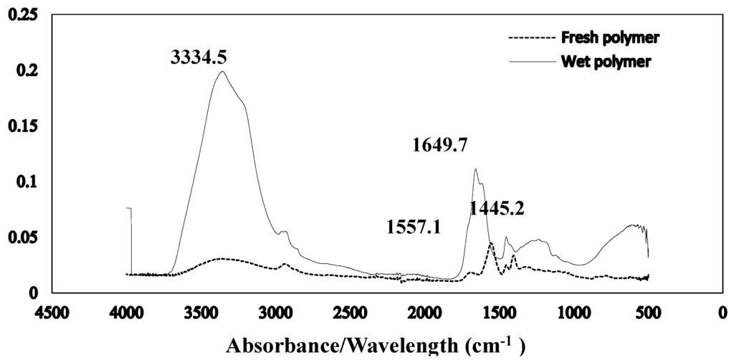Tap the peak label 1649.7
click(440, 146)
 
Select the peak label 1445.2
click(497, 209)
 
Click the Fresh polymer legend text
click(610, 37)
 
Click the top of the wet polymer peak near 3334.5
click(222, 71)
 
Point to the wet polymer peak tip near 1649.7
click(475, 169)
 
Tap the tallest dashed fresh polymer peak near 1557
click(491, 243)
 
